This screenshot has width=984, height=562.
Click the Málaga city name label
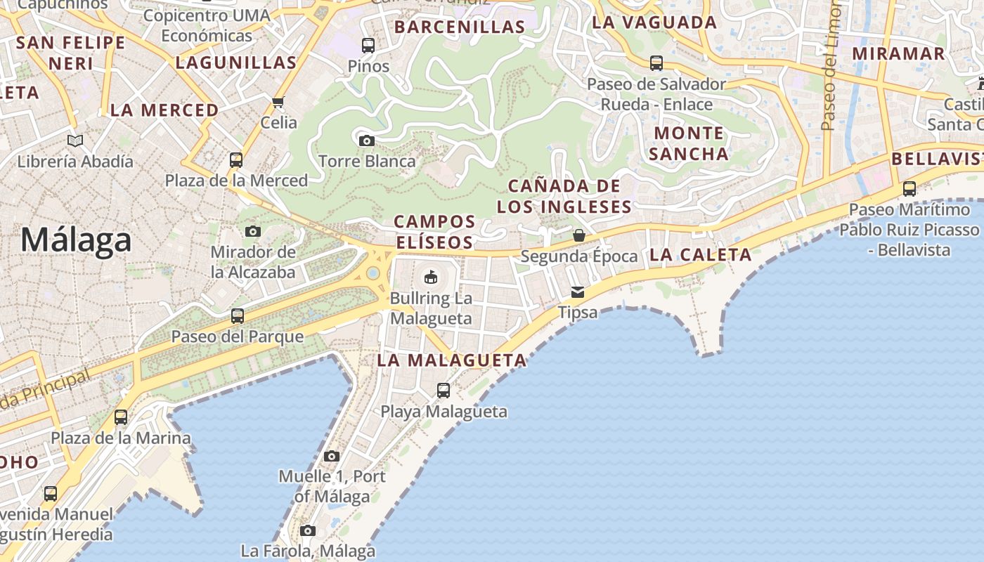pos(76,240)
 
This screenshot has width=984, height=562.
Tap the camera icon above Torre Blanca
pos(366,140)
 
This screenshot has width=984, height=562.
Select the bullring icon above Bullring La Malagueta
pos(431,277)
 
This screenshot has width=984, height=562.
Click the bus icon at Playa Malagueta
pos(444,390)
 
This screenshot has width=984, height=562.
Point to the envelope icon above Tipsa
pos(578,292)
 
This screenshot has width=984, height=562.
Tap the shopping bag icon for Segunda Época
pos(579,235)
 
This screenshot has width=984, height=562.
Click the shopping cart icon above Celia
pos(278,103)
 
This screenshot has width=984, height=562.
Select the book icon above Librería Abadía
pos(75,140)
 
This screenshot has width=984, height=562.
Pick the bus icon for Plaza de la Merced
pos(236,159)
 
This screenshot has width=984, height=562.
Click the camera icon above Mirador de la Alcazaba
pos(253,231)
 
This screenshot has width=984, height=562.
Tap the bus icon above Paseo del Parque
pos(238,315)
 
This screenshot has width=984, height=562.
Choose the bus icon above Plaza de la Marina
pos(121,417)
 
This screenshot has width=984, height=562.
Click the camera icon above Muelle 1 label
pos(332,456)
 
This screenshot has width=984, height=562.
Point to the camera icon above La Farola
pos(308,530)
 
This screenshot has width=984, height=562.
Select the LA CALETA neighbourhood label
pos(701,255)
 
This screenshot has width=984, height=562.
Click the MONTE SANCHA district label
pos(689,143)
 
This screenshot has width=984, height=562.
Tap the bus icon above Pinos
pos(368,46)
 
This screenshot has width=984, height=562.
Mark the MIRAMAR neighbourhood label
pos(898,53)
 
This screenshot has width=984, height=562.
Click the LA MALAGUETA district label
pos(452,360)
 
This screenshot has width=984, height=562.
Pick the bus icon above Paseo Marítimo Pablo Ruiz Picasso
pos(909,188)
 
